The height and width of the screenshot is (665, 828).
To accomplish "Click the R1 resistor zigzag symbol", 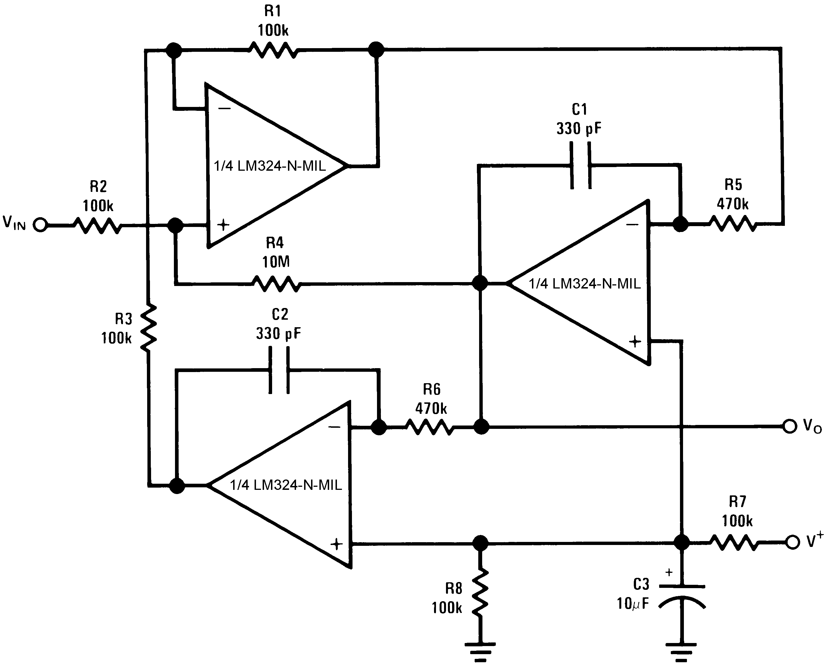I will pyautogui.click(x=273, y=50).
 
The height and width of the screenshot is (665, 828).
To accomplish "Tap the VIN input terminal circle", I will pyautogui.click(x=40, y=225).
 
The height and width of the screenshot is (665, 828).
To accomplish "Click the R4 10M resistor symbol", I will pyautogui.click(x=276, y=284).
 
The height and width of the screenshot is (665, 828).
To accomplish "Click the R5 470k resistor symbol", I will pyautogui.click(x=733, y=223).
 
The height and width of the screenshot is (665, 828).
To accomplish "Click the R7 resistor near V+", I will pyautogui.click(x=734, y=542).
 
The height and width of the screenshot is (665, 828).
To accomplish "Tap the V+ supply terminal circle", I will pyautogui.click(x=792, y=542).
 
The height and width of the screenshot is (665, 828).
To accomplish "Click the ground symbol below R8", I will pyautogui.click(x=480, y=652).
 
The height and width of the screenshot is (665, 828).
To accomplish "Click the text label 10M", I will pyautogui.click(x=276, y=262).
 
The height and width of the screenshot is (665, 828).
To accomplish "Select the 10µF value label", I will pyautogui.click(x=632, y=604).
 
